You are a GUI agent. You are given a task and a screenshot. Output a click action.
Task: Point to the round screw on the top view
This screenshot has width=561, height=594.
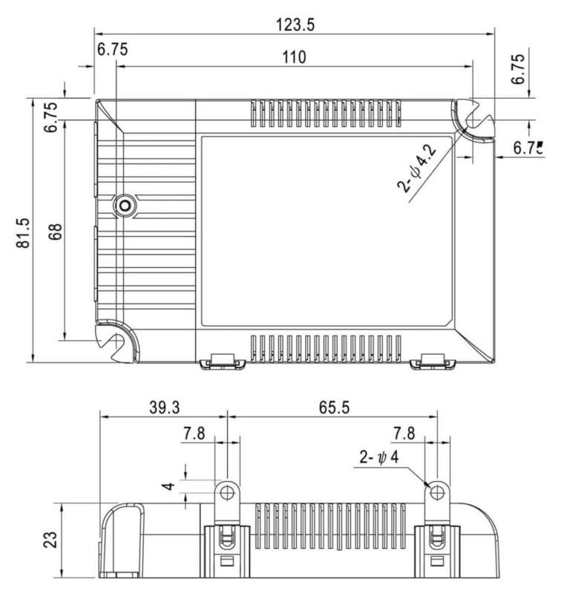coord(124,204)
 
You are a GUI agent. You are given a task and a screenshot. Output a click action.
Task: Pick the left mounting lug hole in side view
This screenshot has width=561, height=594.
coord(227,491)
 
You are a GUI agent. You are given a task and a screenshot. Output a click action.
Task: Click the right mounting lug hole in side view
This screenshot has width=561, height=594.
coord(437,491)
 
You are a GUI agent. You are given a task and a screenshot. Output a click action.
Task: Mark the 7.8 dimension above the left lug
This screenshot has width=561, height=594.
coord(195,433)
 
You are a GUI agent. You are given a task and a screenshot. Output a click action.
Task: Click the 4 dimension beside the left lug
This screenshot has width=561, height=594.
coord(169,486)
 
